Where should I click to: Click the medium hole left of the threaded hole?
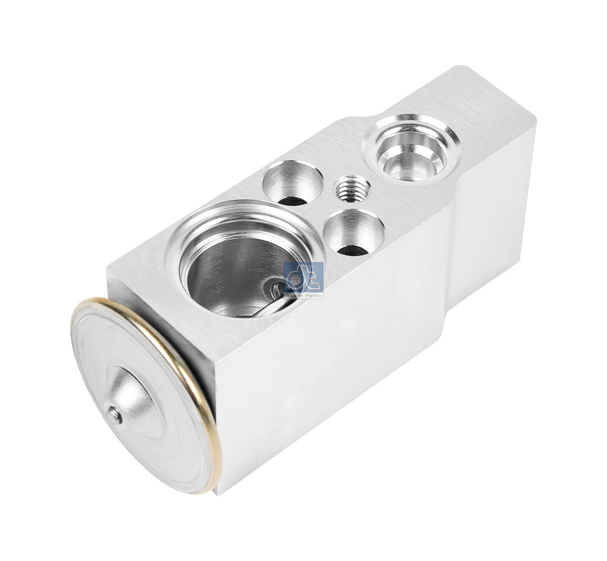[292, 182]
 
